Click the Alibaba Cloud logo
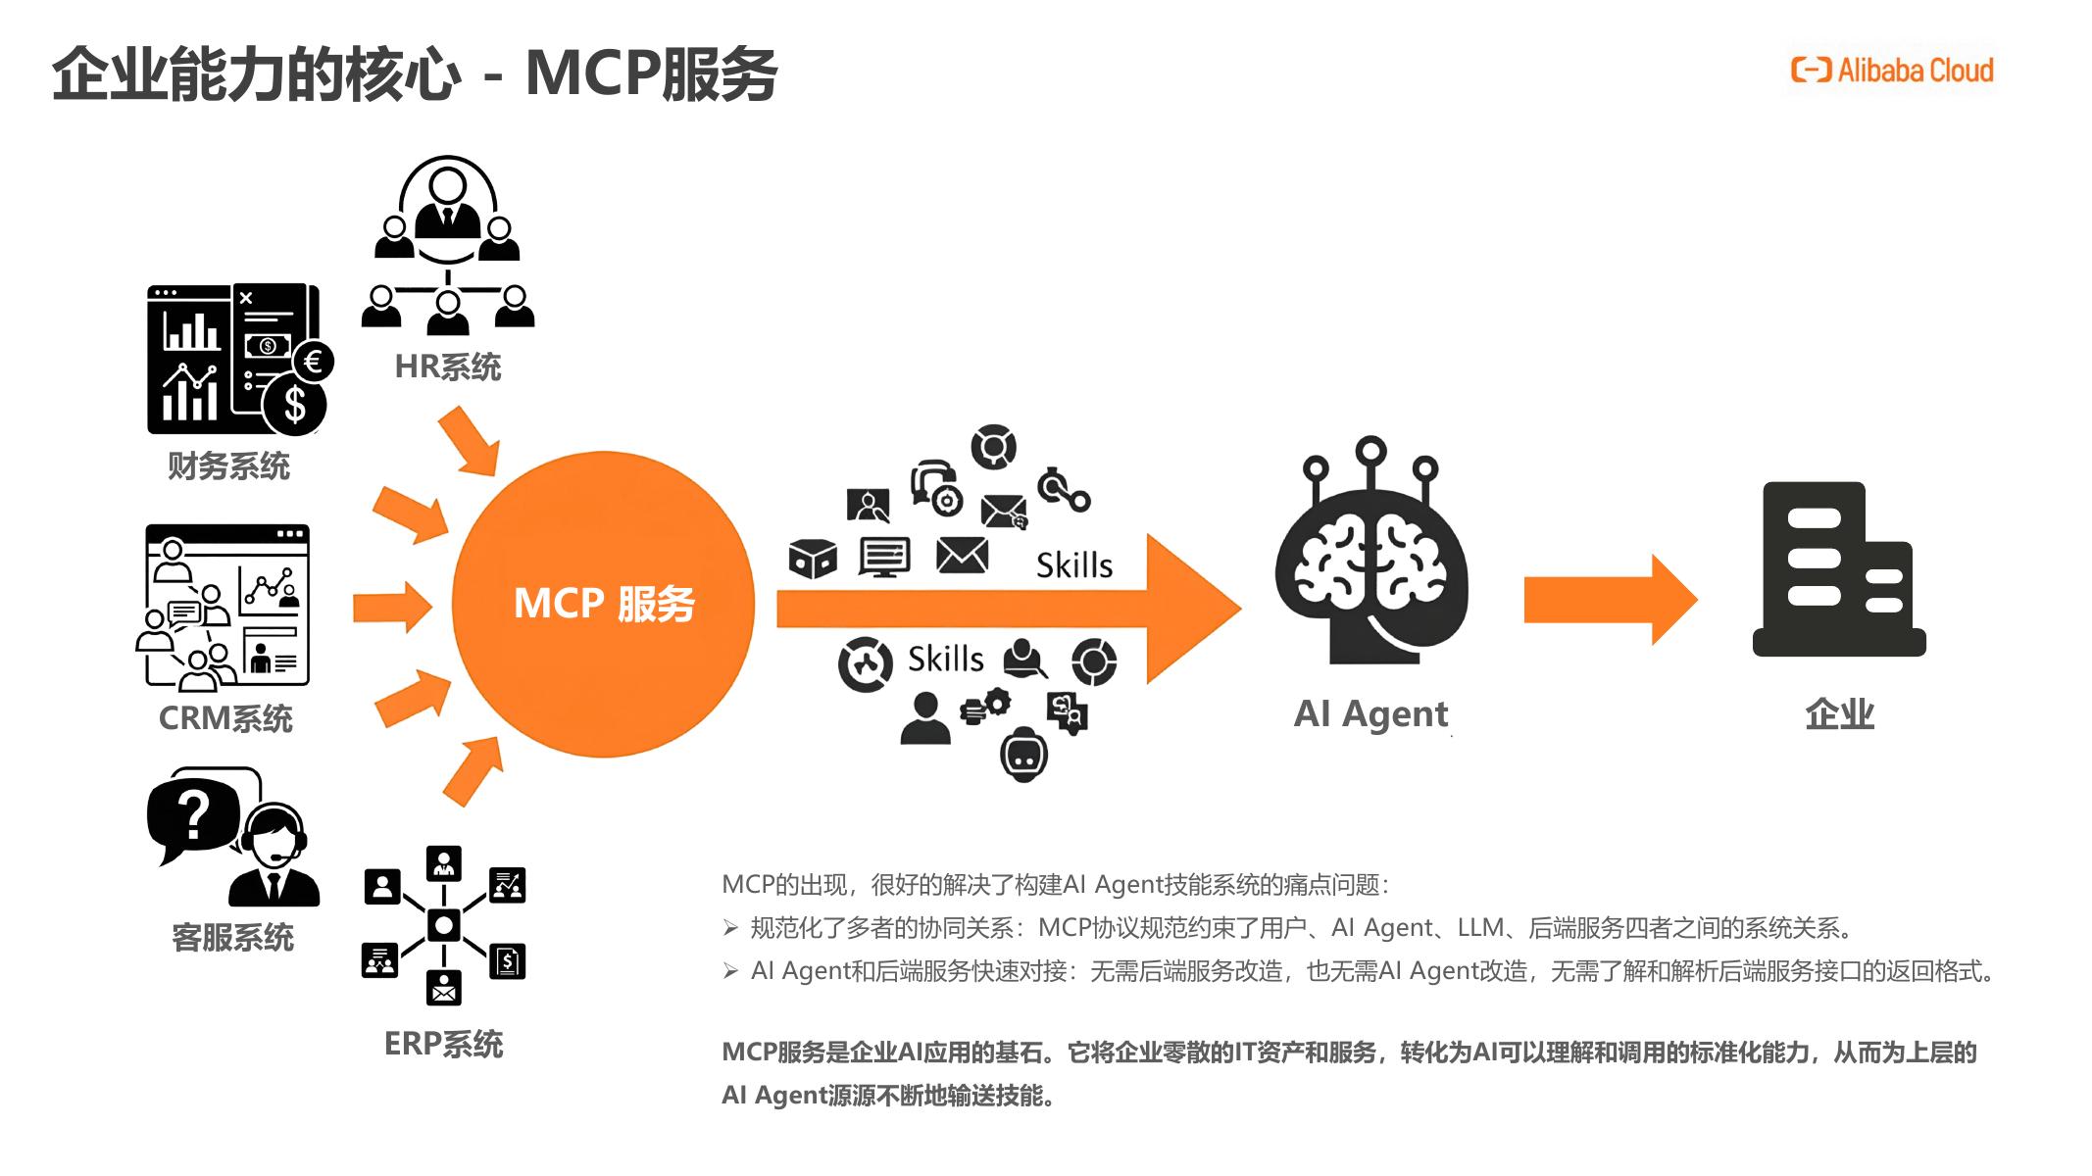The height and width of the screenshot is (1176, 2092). (x=1891, y=71)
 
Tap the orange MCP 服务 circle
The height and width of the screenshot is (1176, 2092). (x=603, y=604)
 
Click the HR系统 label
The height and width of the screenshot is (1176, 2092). (x=447, y=367)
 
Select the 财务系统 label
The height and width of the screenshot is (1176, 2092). (x=228, y=466)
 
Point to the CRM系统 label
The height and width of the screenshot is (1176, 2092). (x=225, y=718)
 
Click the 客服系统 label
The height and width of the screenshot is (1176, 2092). (x=232, y=938)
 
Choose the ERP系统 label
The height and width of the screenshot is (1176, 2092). (x=443, y=1045)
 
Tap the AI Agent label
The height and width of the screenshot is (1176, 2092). (x=1370, y=713)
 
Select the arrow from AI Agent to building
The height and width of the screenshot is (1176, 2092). (x=1609, y=600)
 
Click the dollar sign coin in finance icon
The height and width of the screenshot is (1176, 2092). (x=294, y=404)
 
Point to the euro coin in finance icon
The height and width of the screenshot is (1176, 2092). (x=314, y=362)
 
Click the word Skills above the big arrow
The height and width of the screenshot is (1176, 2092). (x=1074, y=565)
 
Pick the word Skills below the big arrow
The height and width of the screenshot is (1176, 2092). (x=945, y=659)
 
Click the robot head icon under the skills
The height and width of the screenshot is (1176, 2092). (x=1023, y=755)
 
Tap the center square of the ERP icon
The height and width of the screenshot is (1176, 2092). (x=444, y=924)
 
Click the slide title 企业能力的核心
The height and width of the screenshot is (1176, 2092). (x=255, y=74)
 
